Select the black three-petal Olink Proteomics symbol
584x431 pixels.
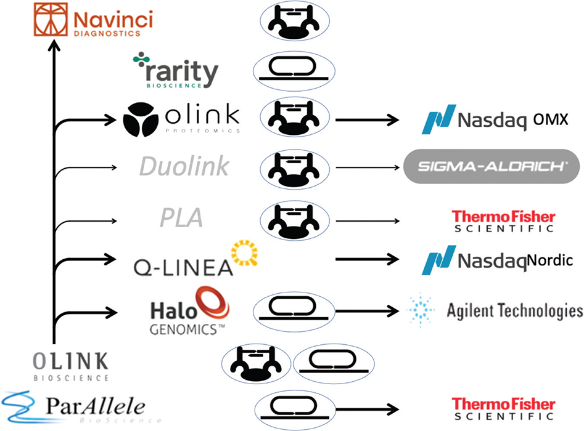tap(143, 118)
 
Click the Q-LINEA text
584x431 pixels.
tap(183, 267)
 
